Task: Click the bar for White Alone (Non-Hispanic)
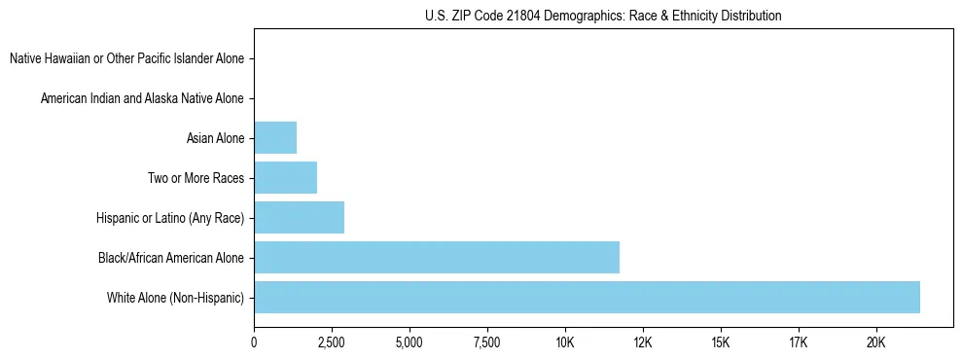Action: (587, 297)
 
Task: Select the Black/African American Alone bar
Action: (437, 257)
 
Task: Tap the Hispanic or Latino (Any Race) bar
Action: (299, 218)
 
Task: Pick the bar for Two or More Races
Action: (285, 178)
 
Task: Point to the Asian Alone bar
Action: (275, 138)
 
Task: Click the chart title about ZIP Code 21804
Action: (603, 17)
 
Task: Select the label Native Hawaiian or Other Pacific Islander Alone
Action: (126, 59)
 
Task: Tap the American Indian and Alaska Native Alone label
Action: (142, 98)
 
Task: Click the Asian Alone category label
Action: (215, 138)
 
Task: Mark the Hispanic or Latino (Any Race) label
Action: (170, 218)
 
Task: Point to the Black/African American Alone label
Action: (171, 258)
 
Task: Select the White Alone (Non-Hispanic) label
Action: (176, 297)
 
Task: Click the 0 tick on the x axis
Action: (254, 342)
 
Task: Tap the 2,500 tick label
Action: (332, 342)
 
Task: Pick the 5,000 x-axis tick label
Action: (410, 342)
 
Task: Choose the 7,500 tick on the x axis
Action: (487, 342)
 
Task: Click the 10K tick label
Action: (565, 342)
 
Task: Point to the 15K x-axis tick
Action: (721, 342)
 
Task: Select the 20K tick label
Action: (876, 342)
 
